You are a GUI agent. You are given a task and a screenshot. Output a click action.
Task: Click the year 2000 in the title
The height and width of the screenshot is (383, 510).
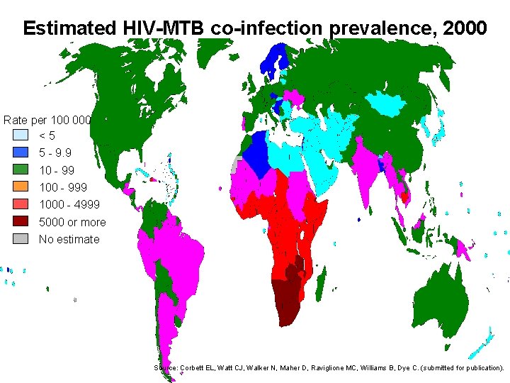pyautogui.click(x=464, y=28)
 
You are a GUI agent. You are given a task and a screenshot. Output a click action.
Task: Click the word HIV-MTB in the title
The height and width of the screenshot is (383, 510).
pyautogui.click(x=153, y=28)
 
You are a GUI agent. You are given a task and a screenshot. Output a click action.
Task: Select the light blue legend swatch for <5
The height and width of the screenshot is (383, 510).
pyautogui.click(x=21, y=135)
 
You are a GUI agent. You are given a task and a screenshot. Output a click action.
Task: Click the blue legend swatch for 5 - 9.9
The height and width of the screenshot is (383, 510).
pyautogui.click(x=21, y=152)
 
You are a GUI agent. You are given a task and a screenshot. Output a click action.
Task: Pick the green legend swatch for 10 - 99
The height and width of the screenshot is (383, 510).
pyautogui.click(x=21, y=170)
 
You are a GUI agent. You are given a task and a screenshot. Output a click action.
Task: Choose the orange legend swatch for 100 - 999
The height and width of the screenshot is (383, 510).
pyautogui.click(x=21, y=187)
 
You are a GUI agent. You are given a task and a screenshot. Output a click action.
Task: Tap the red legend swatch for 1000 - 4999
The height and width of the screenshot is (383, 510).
pyautogui.click(x=21, y=204)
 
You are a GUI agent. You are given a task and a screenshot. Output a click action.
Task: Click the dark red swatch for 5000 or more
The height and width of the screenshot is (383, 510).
pyautogui.click(x=21, y=222)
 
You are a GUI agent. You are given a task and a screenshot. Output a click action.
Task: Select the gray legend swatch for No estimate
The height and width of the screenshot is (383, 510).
pyautogui.click(x=21, y=239)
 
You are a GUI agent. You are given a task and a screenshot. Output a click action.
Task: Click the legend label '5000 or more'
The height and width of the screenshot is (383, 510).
pyautogui.click(x=72, y=222)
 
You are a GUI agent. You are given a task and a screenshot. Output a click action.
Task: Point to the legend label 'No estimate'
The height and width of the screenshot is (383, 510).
pyautogui.click(x=69, y=239)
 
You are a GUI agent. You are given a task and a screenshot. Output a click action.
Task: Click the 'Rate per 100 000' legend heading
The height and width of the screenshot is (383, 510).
pyautogui.click(x=47, y=120)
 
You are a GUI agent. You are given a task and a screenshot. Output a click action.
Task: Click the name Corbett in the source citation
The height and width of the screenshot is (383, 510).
pyautogui.click(x=197, y=368)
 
